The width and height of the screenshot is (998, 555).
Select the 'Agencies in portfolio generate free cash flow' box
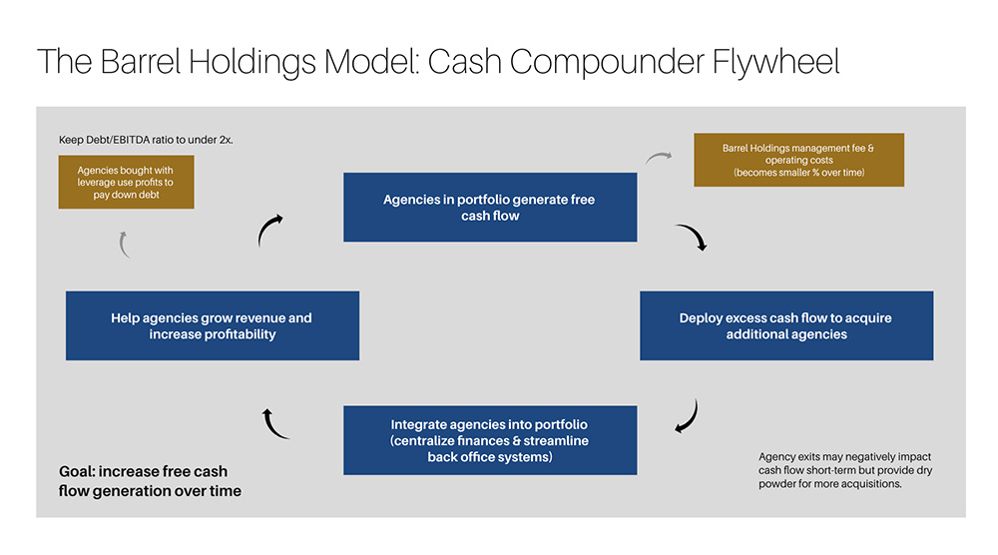click(489, 208)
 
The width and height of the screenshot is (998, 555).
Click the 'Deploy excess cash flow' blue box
click(785, 325)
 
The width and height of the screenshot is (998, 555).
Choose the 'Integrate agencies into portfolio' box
click(489, 440)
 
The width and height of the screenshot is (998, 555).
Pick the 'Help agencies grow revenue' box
click(212, 325)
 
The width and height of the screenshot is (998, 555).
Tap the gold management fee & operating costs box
click(798, 161)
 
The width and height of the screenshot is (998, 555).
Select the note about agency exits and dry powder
click(844, 469)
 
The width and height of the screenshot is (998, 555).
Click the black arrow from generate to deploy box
click(691, 237)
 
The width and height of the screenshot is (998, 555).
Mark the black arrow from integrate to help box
click(274, 423)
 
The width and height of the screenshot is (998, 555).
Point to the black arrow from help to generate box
click(269, 231)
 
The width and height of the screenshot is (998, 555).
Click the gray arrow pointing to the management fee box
click(660, 157)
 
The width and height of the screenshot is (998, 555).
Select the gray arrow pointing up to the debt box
click(124, 244)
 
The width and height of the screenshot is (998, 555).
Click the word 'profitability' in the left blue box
click(212, 334)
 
